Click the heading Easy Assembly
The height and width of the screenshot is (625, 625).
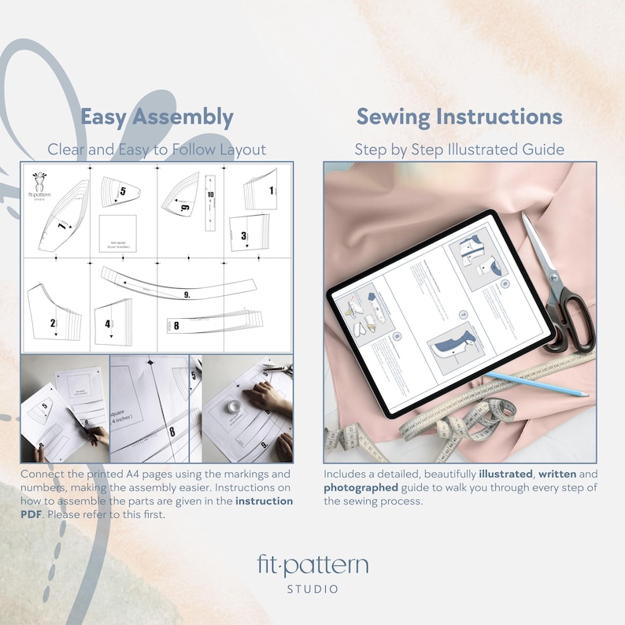pyautogui.click(x=157, y=117)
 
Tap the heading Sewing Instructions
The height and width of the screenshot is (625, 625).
pyautogui.click(x=459, y=117)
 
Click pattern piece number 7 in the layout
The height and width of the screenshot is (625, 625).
pyautogui.click(x=61, y=227)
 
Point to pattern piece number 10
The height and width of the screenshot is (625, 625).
pyautogui.click(x=210, y=198)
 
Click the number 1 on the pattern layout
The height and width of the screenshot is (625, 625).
pyautogui.click(x=272, y=190)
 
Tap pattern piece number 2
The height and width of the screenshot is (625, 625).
pyautogui.click(x=53, y=322)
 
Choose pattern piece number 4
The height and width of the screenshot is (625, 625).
pyautogui.click(x=108, y=324)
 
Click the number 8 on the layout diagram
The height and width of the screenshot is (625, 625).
pyautogui.click(x=176, y=324)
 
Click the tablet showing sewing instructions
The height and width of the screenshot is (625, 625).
pyautogui.click(x=437, y=312)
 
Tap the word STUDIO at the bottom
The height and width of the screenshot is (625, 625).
pyautogui.click(x=312, y=589)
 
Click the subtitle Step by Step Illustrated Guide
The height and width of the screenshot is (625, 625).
pyautogui.click(x=459, y=150)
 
